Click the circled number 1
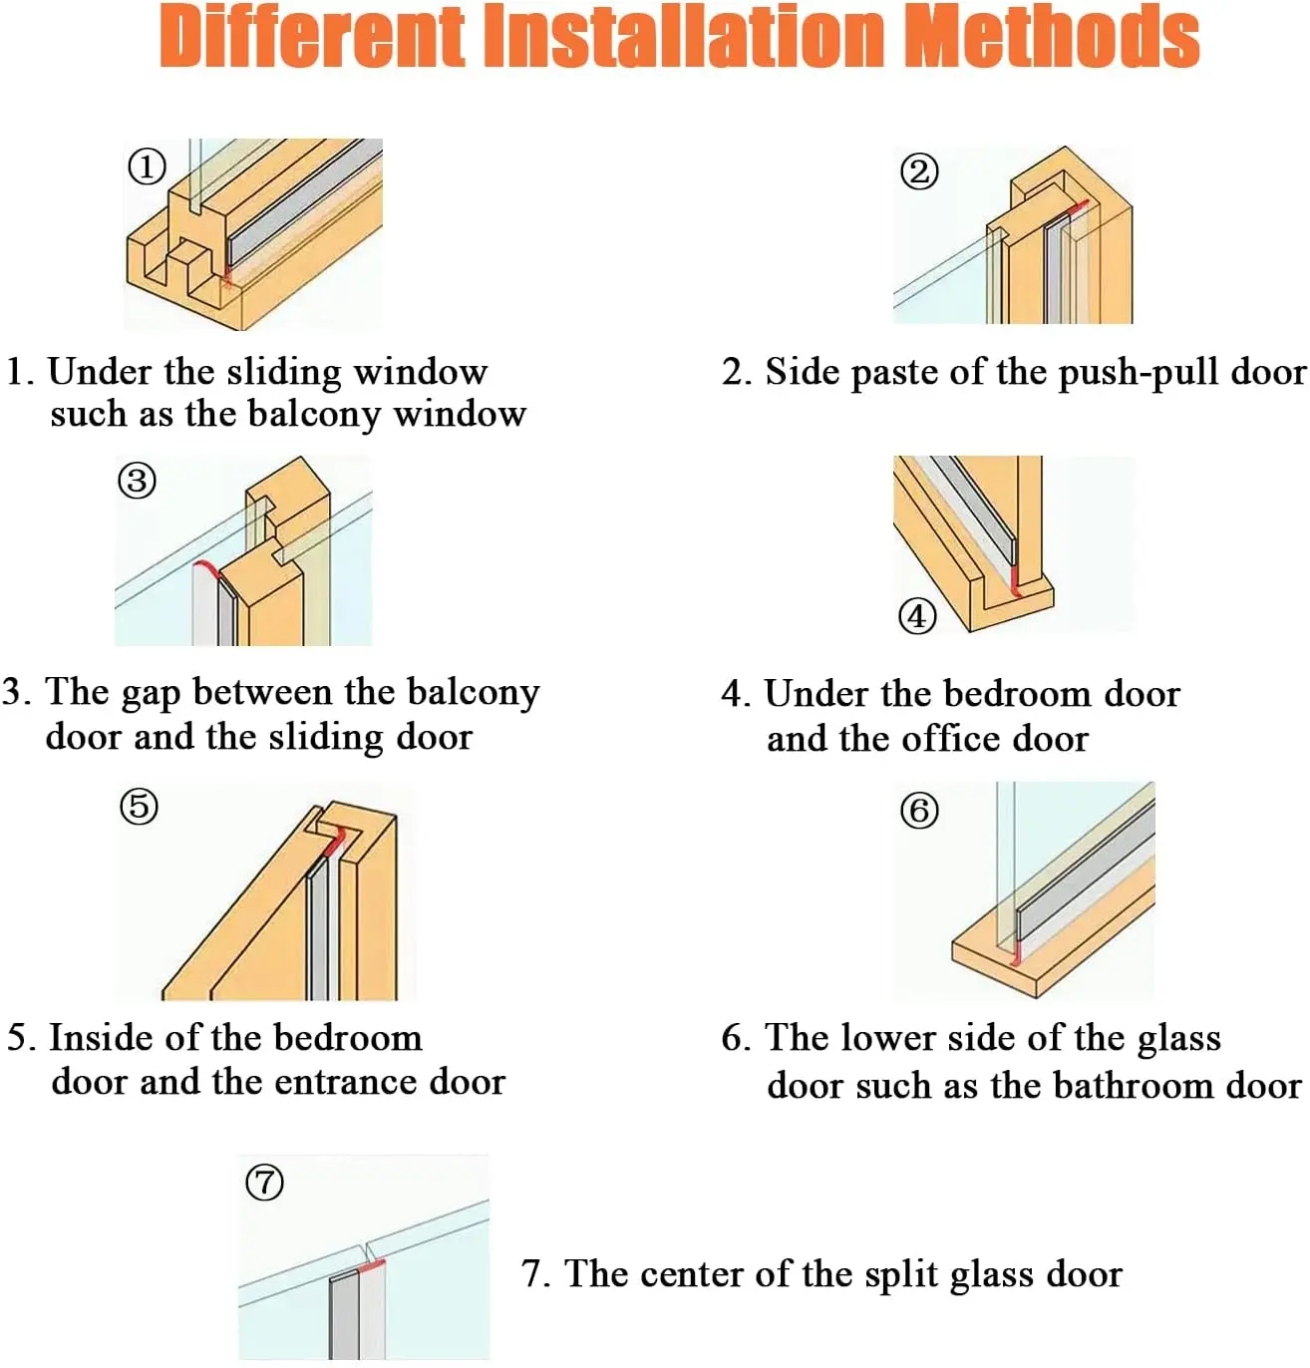147,168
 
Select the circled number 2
919,171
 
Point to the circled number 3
137,481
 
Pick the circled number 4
918,616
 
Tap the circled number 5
139,806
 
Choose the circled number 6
919,811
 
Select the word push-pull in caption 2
1139,373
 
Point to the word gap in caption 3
152,695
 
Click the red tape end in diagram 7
371,1266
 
